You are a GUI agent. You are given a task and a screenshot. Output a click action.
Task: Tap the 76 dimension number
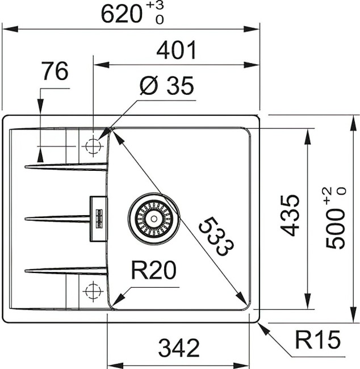click(55, 72)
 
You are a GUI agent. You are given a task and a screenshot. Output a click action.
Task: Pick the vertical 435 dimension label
click(290, 215)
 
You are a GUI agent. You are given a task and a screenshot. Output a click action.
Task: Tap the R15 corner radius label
click(317, 341)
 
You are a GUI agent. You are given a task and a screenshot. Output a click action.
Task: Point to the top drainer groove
click(65, 166)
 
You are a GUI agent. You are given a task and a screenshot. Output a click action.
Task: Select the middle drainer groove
click(57, 217)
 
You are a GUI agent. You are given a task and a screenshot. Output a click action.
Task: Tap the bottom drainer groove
click(65, 270)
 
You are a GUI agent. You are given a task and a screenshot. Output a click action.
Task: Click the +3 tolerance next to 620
click(155, 6)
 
